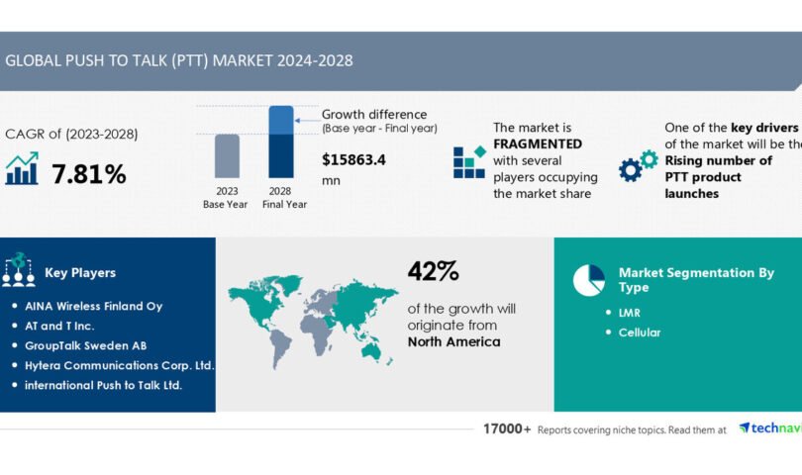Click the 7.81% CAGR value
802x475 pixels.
89,175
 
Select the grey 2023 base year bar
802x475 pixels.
227,157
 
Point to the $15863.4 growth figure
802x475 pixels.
355,158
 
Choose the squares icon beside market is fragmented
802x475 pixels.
469,162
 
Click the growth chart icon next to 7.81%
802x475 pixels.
22,169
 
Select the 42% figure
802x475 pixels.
434,271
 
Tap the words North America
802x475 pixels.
453,341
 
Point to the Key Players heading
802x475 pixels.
80,272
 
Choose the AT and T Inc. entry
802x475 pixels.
74,326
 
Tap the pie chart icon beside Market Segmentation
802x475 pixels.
588,279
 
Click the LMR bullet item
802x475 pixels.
630,313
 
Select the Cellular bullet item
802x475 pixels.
639,332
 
